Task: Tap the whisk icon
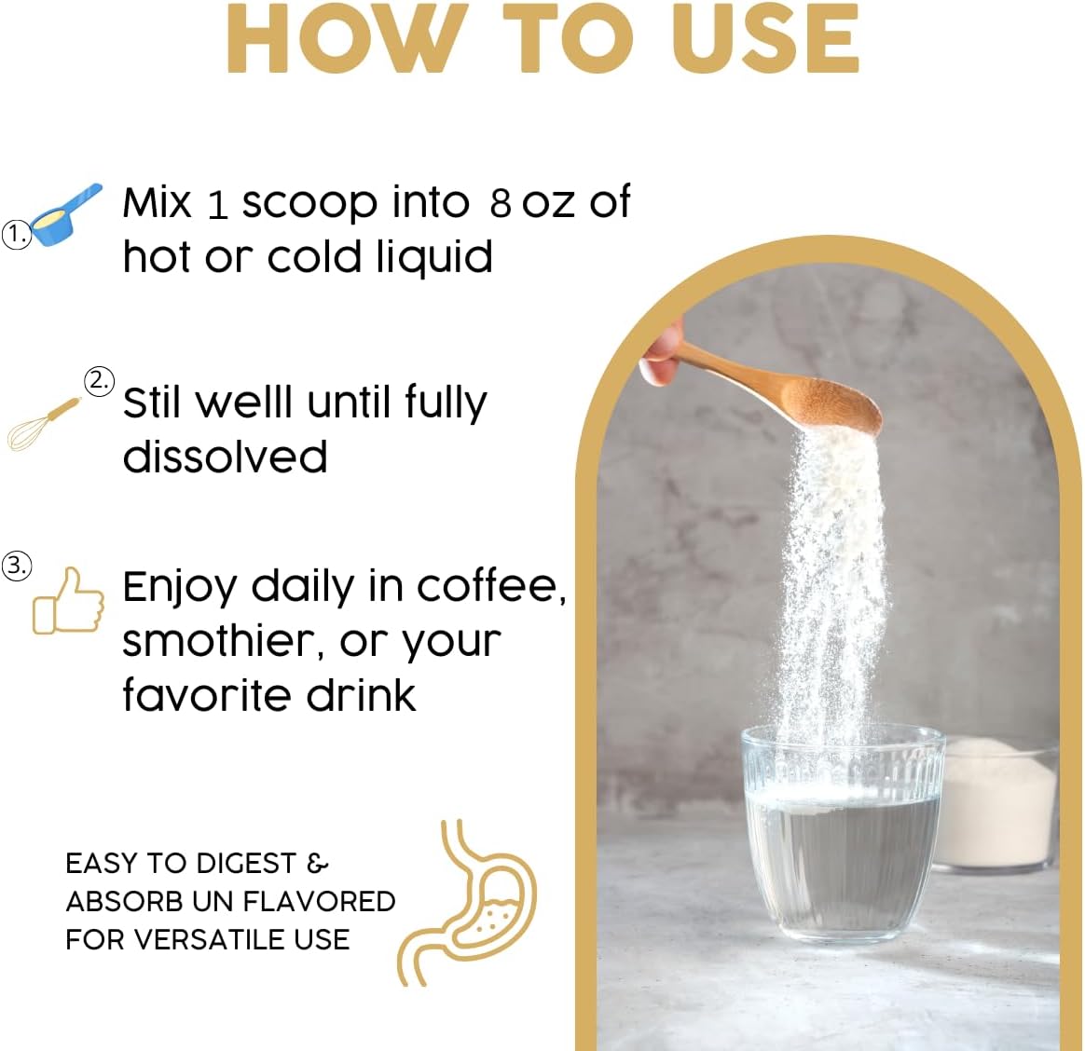click(x=43, y=425)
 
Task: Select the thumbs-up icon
click(x=68, y=601)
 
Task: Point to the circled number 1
click(x=17, y=235)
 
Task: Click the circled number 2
click(x=99, y=382)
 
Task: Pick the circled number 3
click(x=17, y=566)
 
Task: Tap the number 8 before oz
click(x=501, y=203)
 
